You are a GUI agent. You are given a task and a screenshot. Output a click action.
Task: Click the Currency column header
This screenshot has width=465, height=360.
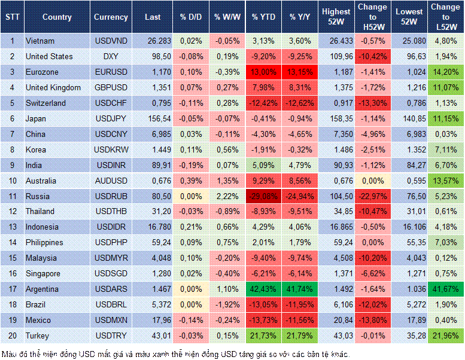point(111,17)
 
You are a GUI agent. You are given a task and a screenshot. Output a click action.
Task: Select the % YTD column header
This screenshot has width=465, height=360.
point(263,17)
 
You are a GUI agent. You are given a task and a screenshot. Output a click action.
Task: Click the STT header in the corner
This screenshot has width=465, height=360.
point(12,17)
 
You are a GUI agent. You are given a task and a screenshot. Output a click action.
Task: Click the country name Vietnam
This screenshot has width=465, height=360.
point(40,41)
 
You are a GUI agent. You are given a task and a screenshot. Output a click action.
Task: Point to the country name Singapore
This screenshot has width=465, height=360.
point(44,273)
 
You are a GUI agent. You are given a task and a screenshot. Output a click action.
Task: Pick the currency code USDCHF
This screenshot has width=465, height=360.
point(111,103)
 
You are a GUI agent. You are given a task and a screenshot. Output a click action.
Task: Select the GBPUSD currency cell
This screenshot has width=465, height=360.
point(111,87)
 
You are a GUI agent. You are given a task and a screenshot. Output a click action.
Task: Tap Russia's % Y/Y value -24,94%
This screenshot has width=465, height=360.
point(300,196)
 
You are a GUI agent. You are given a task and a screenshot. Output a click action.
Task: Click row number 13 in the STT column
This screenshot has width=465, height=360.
point(12,227)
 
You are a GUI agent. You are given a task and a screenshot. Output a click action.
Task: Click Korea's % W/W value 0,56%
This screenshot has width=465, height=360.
point(226,150)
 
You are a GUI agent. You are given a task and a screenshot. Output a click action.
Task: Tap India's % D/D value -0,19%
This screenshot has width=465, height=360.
point(190,165)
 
